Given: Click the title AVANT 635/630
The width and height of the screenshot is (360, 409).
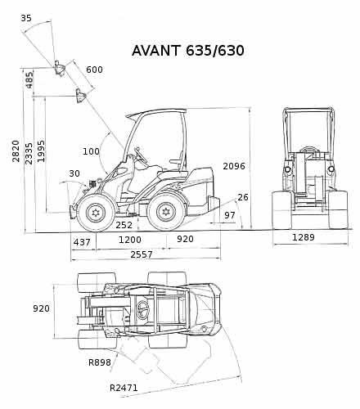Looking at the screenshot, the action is pyautogui.click(x=188, y=51).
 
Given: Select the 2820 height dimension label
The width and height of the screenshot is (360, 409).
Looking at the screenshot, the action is pyautogui.click(x=16, y=151).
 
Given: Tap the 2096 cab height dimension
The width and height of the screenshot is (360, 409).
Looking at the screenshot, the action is pyautogui.click(x=234, y=166).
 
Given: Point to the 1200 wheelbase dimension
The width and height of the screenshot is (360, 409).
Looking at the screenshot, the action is pyautogui.click(x=130, y=240).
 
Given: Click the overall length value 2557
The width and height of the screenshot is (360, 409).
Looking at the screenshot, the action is pyautogui.click(x=142, y=254).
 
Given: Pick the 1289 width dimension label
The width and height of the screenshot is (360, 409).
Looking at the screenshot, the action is pyautogui.click(x=304, y=237).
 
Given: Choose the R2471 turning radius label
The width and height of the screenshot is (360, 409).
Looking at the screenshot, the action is pyautogui.click(x=124, y=388).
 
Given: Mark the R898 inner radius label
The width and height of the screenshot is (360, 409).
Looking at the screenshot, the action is pyautogui.click(x=100, y=362).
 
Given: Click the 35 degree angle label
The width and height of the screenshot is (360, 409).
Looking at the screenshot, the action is pyautogui.click(x=26, y=18).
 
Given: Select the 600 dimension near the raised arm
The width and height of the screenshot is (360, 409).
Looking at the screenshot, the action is pyautogui.click(x=94, y=70).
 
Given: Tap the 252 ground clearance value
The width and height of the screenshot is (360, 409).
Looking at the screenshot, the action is pyautogui.click(x=124, y=225).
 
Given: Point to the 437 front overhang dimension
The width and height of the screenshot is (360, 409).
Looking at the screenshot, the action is pyautogui.click(x=82, y=242).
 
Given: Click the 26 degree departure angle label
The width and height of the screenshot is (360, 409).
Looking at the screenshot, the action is pyautogui.click(x=243, y=197).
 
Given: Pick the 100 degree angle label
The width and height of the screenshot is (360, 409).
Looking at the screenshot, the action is pyautogui.click(x=91, y=151).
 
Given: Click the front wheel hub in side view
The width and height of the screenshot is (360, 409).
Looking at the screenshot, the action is pyautogui.click(x=95, y=213).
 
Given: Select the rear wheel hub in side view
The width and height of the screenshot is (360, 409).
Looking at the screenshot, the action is pyautogui.click(x=166, y=212).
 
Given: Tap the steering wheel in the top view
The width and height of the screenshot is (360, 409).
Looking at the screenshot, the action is pyautogui.click(x=142, y=310).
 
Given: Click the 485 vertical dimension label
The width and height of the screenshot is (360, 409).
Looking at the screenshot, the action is pyautogui.click(x=29, y=80).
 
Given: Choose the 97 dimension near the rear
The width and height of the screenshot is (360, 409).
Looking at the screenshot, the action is pyautogui.click(x=230, y=215).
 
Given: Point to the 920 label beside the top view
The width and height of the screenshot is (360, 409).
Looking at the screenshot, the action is pyautogui.click(x=41, y=308).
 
